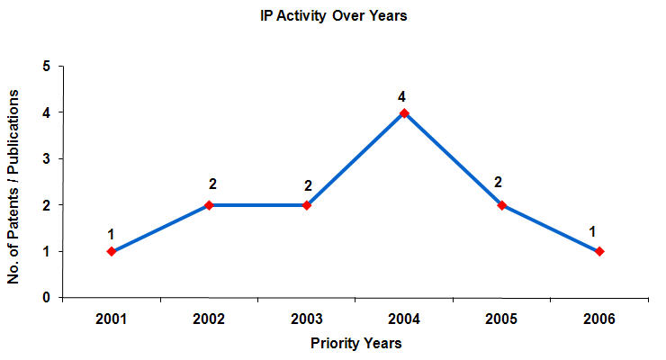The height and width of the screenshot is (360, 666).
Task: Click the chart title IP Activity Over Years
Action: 334,17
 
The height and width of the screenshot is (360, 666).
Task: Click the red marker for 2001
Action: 112,251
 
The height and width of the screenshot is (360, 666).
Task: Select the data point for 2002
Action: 209,205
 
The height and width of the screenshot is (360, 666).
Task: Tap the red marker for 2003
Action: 307,205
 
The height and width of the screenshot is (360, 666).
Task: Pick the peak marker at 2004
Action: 404,112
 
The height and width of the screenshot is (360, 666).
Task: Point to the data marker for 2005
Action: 502,205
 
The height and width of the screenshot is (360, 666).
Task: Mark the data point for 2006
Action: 599,251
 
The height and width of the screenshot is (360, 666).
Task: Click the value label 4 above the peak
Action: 404,96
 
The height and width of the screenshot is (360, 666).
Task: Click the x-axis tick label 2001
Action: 112,318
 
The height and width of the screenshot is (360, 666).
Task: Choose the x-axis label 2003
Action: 307,318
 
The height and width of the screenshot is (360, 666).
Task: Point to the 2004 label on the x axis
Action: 404,318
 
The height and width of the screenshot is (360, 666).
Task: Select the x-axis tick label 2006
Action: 599,318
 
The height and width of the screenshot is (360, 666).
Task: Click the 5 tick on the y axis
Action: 47,67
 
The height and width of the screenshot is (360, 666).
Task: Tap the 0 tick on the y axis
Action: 47,298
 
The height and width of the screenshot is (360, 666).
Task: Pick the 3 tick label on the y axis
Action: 47,159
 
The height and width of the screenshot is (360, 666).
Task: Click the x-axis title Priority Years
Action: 356,343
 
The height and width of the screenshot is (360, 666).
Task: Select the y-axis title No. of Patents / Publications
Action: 14,182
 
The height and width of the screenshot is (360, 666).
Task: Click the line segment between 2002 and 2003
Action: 258,205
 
